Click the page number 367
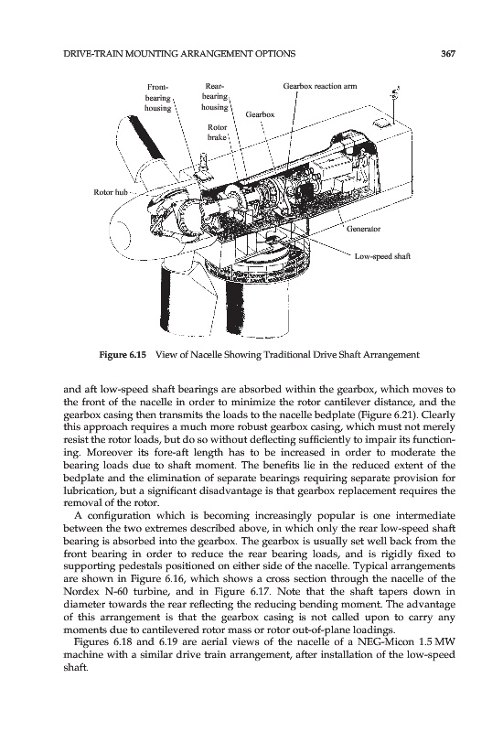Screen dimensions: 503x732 (x=447, y=54)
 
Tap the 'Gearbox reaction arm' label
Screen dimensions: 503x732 (x=320, y=86)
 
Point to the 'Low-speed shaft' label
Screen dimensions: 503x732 (x=382, y=256)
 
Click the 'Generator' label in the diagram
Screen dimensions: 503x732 (x=363, y=229)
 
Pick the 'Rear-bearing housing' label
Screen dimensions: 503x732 (x=215, y=97)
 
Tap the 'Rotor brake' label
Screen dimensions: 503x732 (x=217, y=132)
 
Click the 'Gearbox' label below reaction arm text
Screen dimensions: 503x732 (x=260, y=114)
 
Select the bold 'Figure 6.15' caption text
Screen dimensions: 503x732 (x=123, y=355)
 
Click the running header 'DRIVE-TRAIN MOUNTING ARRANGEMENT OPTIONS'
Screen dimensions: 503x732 (x=179, y=54)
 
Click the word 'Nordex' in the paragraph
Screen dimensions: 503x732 (x=77, y=592)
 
